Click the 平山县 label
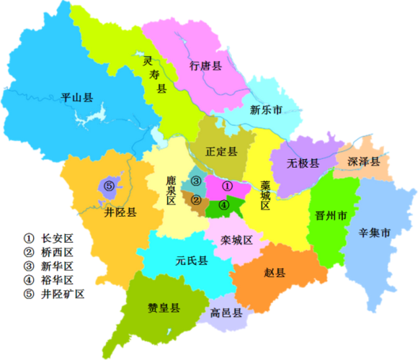click(x=77, y=97)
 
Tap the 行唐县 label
click(x=205, y=66)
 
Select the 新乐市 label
click(x=265, y=110)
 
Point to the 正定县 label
click(x=221, y=152)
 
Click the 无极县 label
click(x=303, y=163)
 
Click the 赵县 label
click(x=275, y=273)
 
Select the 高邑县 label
click(x=226, y=313)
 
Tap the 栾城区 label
click(x=237, y=239)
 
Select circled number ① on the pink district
click(x=228, y=186)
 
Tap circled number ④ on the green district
click(x=224, y=204)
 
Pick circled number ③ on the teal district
click(x=195, y=181)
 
